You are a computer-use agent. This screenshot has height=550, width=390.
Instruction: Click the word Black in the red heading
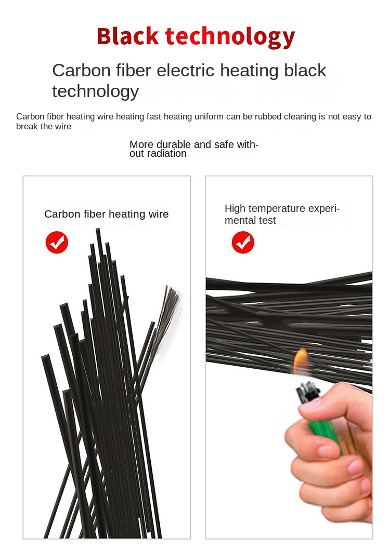(x=127, y=36)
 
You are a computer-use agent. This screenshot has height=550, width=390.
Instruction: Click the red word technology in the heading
(x=230, y=37)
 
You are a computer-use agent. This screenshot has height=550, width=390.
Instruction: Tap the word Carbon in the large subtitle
(x=82, y=71)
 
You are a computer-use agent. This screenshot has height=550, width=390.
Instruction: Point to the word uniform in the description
(x=209, y=116)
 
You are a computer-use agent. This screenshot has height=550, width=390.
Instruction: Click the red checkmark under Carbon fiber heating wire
(x=57, y=243)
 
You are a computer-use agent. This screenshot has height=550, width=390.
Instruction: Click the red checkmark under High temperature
(x=243, y=243)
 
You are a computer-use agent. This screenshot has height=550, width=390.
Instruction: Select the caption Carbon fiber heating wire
(x=107, y=214)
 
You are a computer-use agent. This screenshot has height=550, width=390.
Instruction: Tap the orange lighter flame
(x=300, y=360)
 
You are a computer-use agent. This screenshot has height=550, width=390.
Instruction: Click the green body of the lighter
(x=323, y=432)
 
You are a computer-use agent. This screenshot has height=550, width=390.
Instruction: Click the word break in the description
(x=24, y=126)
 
